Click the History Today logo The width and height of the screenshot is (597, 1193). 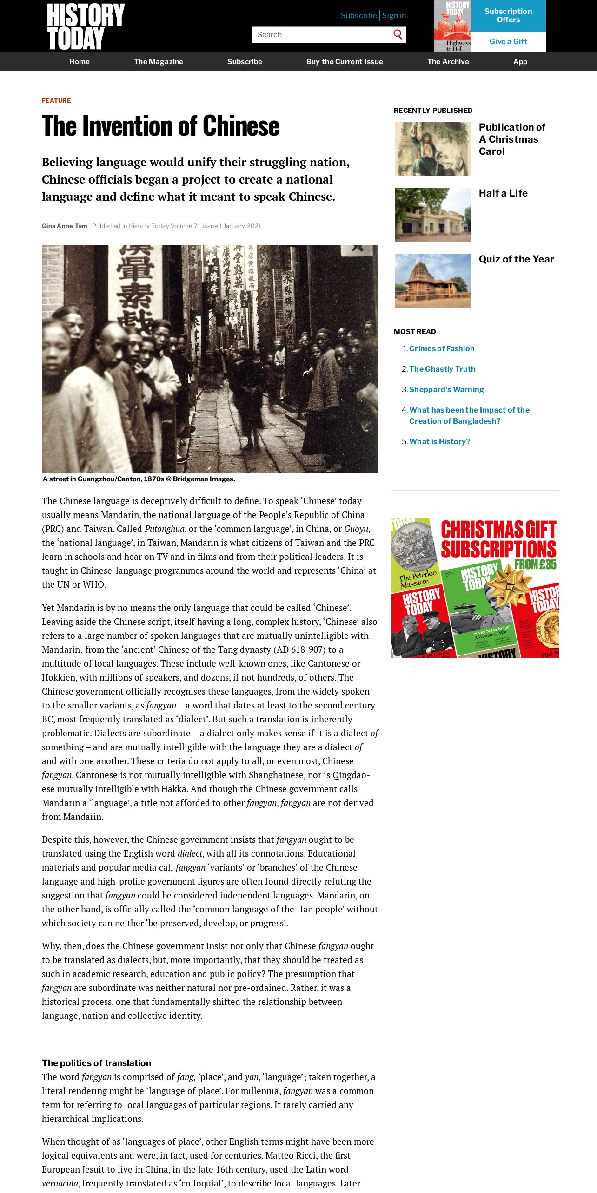(x=86, y=26)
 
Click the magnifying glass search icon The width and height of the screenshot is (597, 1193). (x=398, y=35)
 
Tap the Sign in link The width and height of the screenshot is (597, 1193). (x=394, y=15)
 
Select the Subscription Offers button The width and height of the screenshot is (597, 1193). (x=508, y=15)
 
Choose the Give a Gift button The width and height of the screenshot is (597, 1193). (x=508, y=42)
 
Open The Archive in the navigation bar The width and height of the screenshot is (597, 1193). (x=448, y=62)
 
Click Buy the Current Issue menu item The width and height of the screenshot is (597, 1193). (x=345, y=62)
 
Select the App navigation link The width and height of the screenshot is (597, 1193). (x=520, y=62)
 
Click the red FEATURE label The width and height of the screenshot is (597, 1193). (x=56, y=100)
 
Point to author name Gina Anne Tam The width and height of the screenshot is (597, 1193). (x=65, y=226)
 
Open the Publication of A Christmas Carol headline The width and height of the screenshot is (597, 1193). (x=512, y=139)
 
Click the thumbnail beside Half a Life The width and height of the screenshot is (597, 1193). (x=433, y=215)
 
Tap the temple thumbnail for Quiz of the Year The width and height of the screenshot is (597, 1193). (x=433, y=281)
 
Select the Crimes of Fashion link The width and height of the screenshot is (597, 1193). (x=442, y=348)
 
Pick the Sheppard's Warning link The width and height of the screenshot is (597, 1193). (x=446, y=389)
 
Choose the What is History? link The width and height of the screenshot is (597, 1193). (x=439, y=441)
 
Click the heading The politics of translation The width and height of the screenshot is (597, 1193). (x=96, y=1063)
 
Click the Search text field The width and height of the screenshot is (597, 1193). (x=321, y=35)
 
